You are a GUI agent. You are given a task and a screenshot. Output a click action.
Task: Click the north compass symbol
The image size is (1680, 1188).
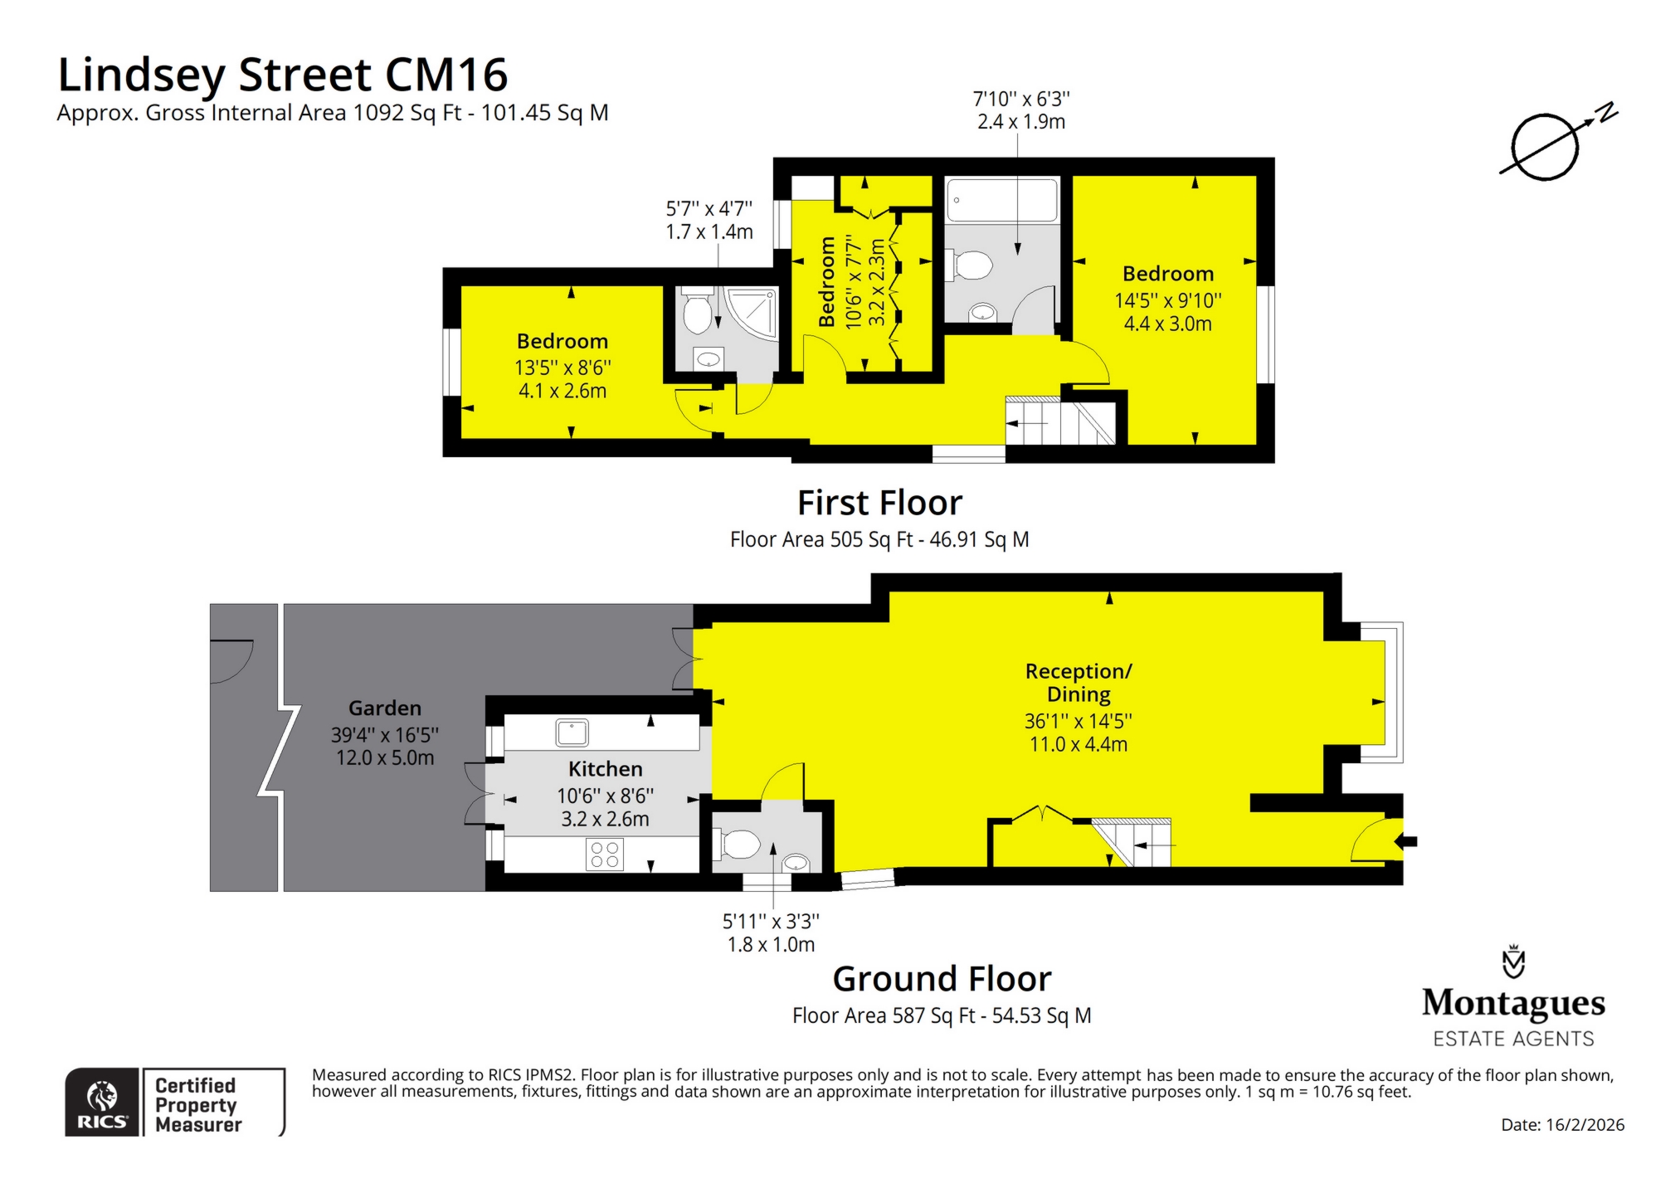click(x=1545, y=147)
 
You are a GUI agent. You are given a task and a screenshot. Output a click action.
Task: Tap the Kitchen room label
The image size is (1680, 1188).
click(x=605, y=769)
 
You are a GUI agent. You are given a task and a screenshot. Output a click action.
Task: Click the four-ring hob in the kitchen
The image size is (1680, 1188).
click(x=604, y=854)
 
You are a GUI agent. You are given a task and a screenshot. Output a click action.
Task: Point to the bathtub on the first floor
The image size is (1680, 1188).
click(x=1002, y=200)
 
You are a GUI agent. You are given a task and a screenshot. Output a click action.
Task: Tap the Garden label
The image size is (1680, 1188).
click(x=385, y=708)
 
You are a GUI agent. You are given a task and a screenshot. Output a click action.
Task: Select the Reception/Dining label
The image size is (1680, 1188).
click(x=1079, y=683)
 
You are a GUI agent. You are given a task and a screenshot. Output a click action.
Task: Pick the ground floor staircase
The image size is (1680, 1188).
click(x=1132, y=843)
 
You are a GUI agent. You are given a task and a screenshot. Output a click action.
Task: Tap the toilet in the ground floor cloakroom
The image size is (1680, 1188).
click(x=738, y=845)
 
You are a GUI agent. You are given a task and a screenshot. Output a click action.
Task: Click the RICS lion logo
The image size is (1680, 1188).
click(x=102, y=1097)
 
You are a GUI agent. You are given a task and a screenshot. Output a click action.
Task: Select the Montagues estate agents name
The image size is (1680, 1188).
click(x=1513, y=1002)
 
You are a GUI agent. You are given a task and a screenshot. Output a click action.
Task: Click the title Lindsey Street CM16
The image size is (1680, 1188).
click(x=282, y=75)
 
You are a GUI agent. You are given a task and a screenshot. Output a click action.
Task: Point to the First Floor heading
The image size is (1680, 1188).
click(x=879, y=503)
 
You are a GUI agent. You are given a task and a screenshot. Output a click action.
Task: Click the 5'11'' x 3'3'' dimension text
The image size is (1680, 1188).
click(x=771, y=921)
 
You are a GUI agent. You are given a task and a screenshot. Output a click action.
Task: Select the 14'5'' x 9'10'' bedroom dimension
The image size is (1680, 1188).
click(x=1168, y=300)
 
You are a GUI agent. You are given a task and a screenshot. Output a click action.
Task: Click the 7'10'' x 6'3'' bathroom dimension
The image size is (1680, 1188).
click(x=1021, y=100)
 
